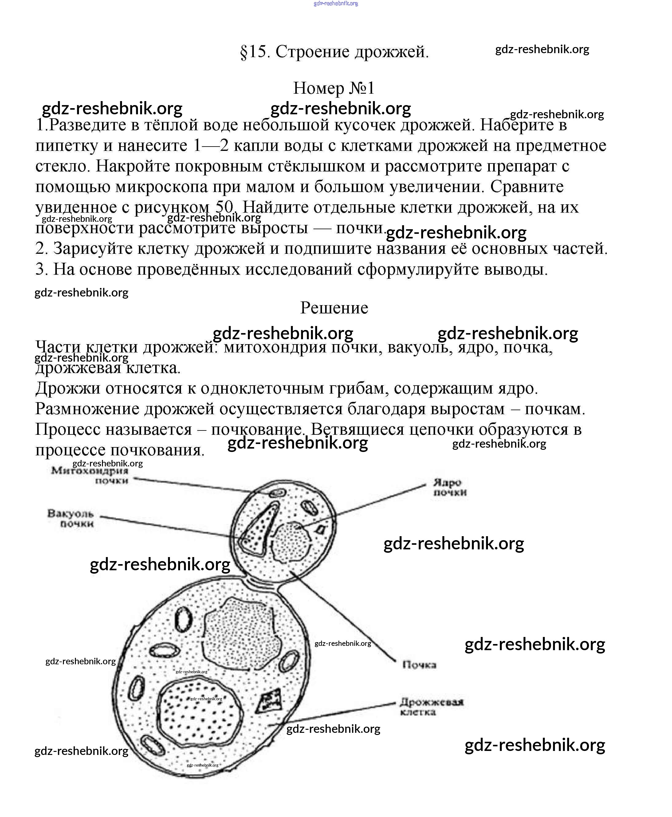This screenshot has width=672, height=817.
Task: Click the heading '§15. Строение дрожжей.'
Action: point(334,52)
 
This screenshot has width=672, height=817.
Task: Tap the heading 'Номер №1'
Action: point(334,88)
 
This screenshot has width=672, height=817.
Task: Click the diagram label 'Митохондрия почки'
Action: point(90,476)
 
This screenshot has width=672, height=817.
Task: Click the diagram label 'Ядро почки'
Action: point(450,487)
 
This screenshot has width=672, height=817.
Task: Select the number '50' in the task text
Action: point(224,207)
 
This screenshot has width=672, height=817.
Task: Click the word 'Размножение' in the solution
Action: point(87,409)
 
